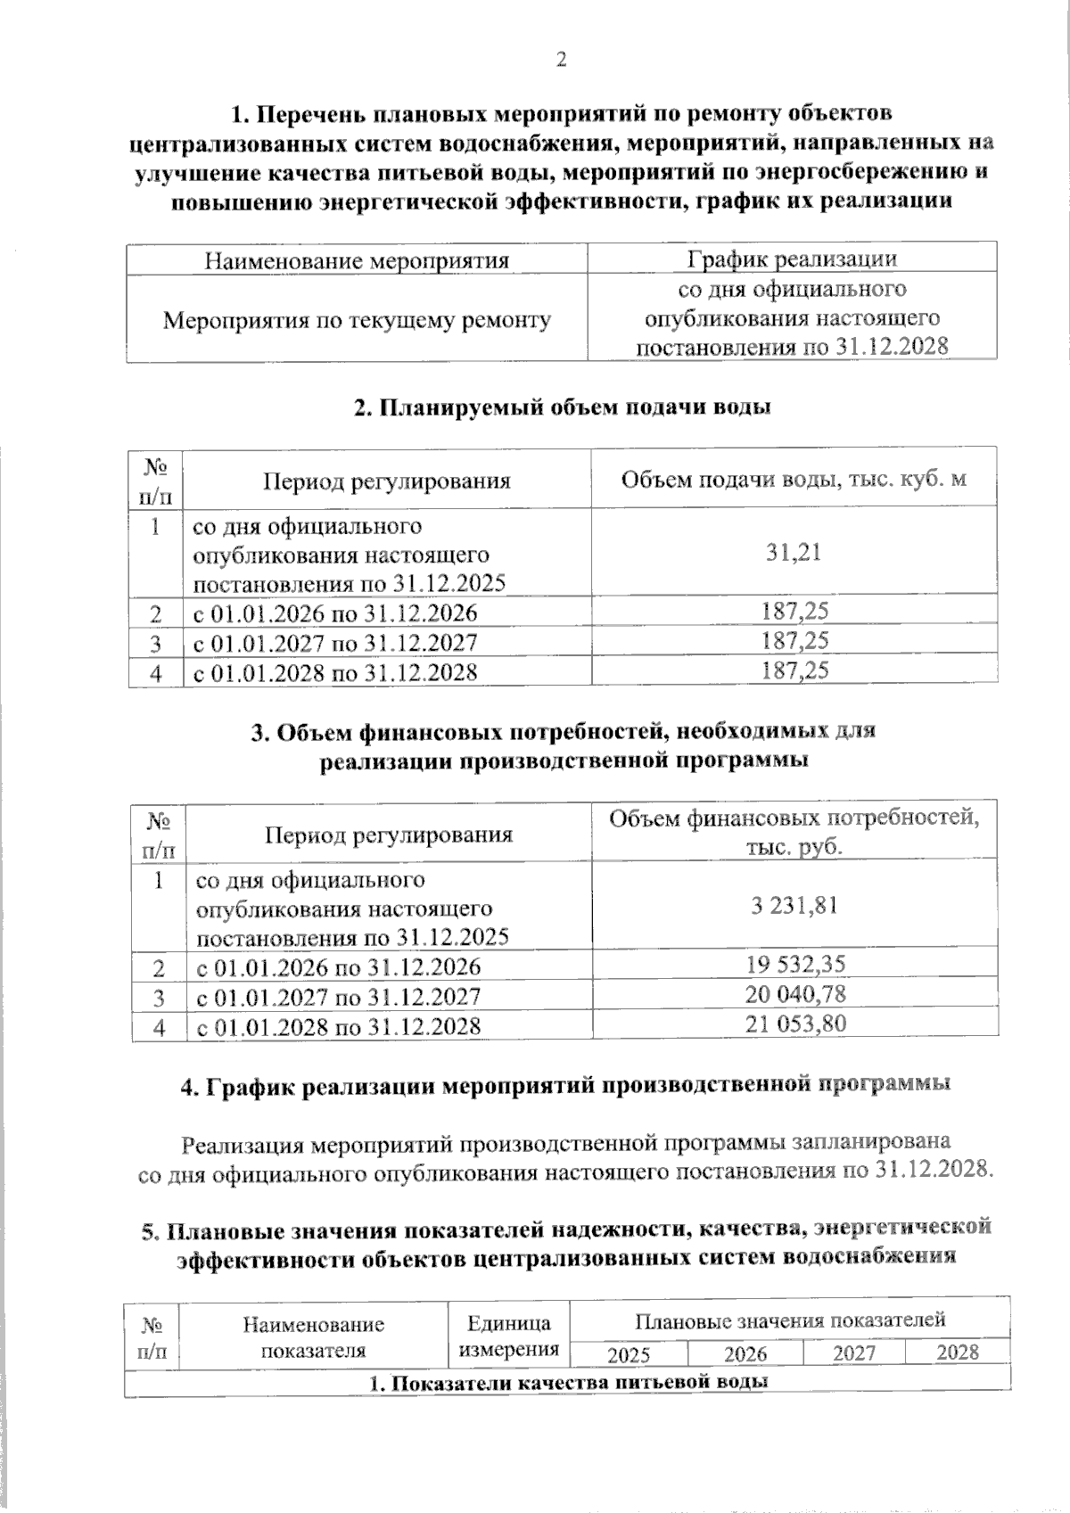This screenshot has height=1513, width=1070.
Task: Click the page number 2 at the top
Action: pos(561,60)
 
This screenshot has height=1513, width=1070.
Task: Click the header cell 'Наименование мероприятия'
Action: pos(357,260)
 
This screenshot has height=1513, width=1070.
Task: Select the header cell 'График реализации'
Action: pos(792,259)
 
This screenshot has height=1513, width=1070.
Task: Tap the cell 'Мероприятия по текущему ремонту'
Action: pos(357,319)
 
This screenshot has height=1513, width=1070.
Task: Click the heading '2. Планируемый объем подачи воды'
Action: pos(562,407)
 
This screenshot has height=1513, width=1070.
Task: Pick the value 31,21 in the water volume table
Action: pos(793,552)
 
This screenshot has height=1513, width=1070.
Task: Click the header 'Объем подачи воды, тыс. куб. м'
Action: pos(793,480)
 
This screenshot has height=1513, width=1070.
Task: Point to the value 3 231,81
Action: pos(794,906)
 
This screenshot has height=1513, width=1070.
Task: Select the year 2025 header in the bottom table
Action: pos(629,1355)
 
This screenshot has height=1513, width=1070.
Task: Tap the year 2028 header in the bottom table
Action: pos(958,1353)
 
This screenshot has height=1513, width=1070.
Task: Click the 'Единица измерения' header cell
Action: pos(508,1336)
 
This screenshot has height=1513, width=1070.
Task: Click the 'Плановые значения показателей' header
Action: pos(789,1320)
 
